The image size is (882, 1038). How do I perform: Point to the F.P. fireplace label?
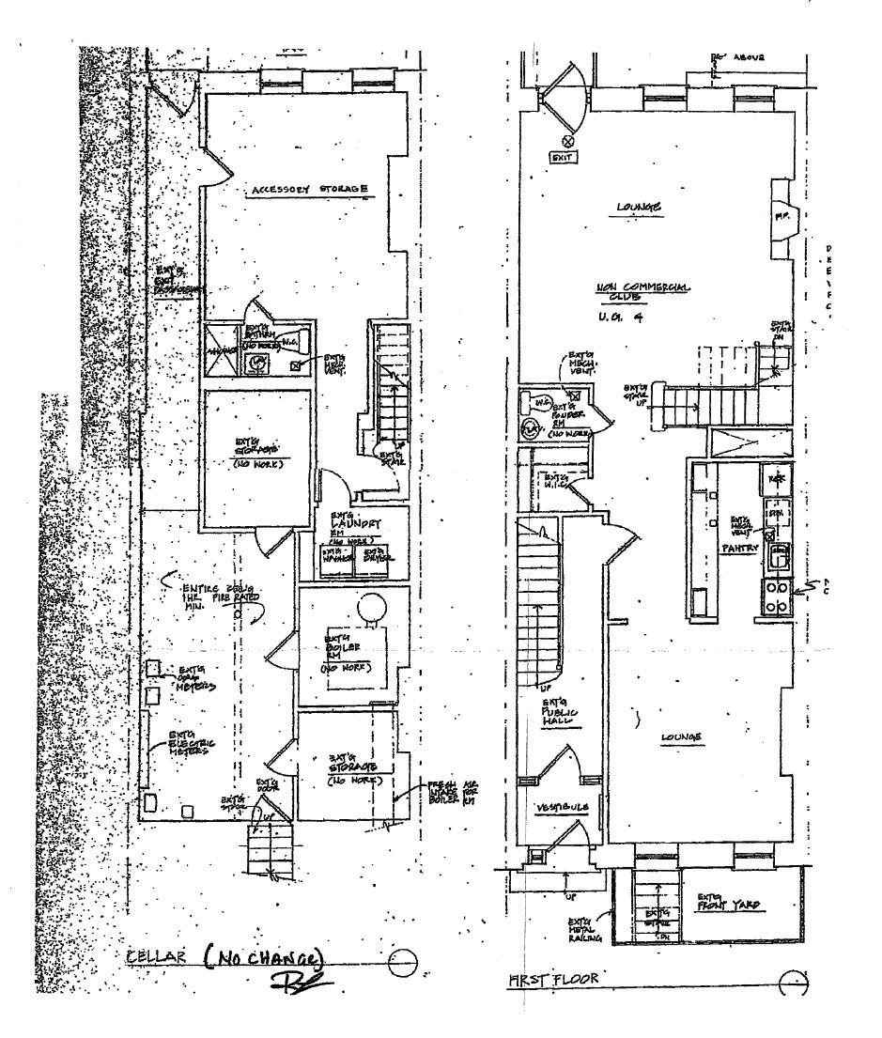(780, 215)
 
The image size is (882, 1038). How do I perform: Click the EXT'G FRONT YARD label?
(729, 905)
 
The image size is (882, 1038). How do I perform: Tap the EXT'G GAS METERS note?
(195, 678)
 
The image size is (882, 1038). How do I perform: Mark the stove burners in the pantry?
(775, 596)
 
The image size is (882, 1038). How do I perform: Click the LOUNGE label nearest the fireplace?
(639, 207)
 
